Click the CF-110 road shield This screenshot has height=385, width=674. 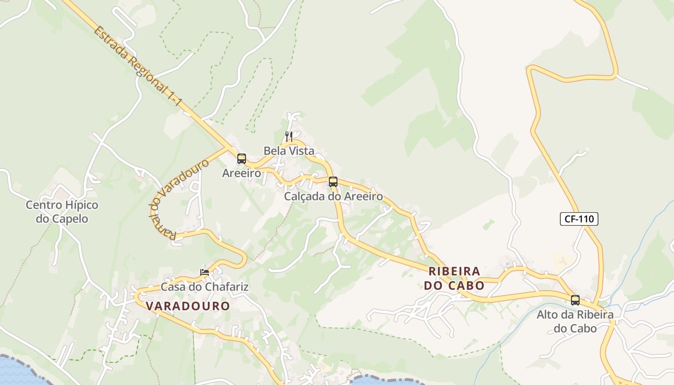[579, 219]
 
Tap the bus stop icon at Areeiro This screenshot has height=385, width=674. [242, 158]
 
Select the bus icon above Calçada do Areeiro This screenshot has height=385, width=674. [333, 182]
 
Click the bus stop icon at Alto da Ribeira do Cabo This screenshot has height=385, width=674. [575, 300]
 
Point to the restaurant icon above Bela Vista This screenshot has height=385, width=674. [289, 137]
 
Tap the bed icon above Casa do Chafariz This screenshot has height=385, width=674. [205, 272]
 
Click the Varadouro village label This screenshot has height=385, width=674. [188, 306]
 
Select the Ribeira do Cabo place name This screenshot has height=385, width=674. [454, 278]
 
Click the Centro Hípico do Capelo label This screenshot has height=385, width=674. [62, 212]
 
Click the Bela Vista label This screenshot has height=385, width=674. [289, 151]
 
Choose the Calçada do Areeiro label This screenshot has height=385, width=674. [334, 196]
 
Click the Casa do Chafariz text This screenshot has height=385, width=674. [205, 287]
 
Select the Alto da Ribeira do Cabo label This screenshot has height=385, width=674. [575, 321]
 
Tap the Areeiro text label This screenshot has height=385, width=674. [242, 173]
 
